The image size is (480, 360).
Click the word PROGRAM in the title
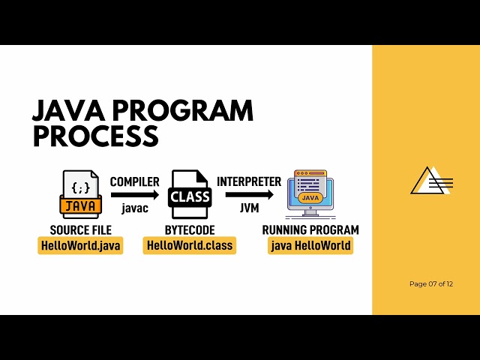187,111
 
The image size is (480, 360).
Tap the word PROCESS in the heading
95,137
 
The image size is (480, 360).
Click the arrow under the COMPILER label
135,194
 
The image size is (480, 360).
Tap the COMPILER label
135,181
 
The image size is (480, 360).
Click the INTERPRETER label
249,181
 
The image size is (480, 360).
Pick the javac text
134,208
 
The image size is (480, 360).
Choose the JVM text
249,208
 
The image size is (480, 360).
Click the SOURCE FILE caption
80,229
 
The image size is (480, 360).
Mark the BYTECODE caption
190,229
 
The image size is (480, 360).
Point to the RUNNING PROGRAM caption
310,229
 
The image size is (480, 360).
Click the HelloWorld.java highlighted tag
80,245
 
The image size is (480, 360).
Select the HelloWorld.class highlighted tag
190,245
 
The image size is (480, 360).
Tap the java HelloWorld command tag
310,245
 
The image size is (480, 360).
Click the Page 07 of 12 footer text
431,283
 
